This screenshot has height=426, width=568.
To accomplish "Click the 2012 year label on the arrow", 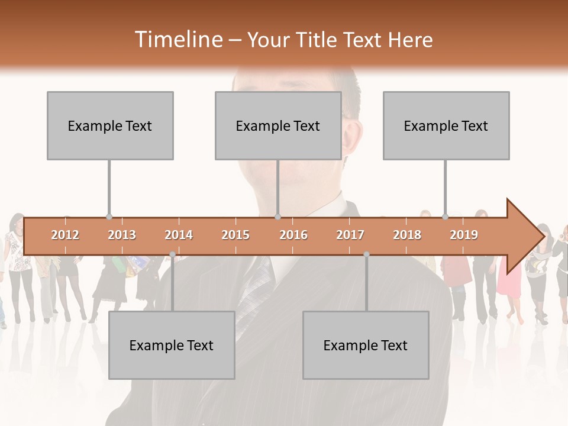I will [65, 235].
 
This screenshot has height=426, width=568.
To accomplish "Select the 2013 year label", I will [122, 235].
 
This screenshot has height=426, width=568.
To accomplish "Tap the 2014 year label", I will [179, 235].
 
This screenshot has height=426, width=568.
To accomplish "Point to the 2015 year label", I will [235, 235].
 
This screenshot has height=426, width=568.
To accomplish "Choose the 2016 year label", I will [293, 235].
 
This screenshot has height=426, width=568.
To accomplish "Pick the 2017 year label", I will [350, 235].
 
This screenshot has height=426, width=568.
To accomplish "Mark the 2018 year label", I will [407, 235].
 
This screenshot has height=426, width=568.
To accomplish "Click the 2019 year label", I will [464, 235].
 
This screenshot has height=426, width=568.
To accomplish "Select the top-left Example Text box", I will [110, 125].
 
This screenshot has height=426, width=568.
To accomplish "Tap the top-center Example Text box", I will [278, 125].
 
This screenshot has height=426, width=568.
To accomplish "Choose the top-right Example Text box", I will [446, 125].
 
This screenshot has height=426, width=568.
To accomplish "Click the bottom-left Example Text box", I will [172, 345].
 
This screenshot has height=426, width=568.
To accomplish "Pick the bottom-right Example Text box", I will [366, 345].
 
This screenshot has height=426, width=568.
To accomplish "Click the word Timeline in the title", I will [178, 40].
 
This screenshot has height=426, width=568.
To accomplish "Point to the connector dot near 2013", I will [109, 217].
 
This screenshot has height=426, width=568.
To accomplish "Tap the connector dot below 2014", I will [172, 254].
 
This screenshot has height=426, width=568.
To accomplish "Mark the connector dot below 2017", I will [366, 254].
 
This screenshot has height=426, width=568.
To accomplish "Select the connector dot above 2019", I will [445, 217].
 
